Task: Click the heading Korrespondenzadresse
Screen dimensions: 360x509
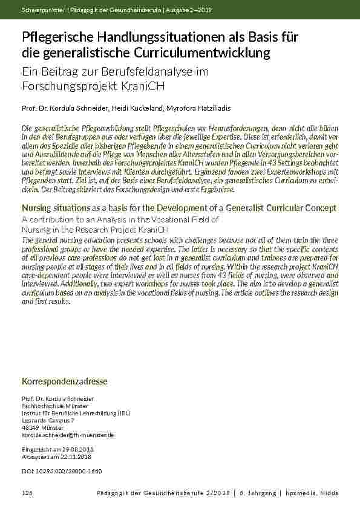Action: pos(64,382)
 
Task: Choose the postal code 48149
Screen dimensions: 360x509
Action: pos(30,427)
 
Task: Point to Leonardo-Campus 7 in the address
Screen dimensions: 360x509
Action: pos(48,420)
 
